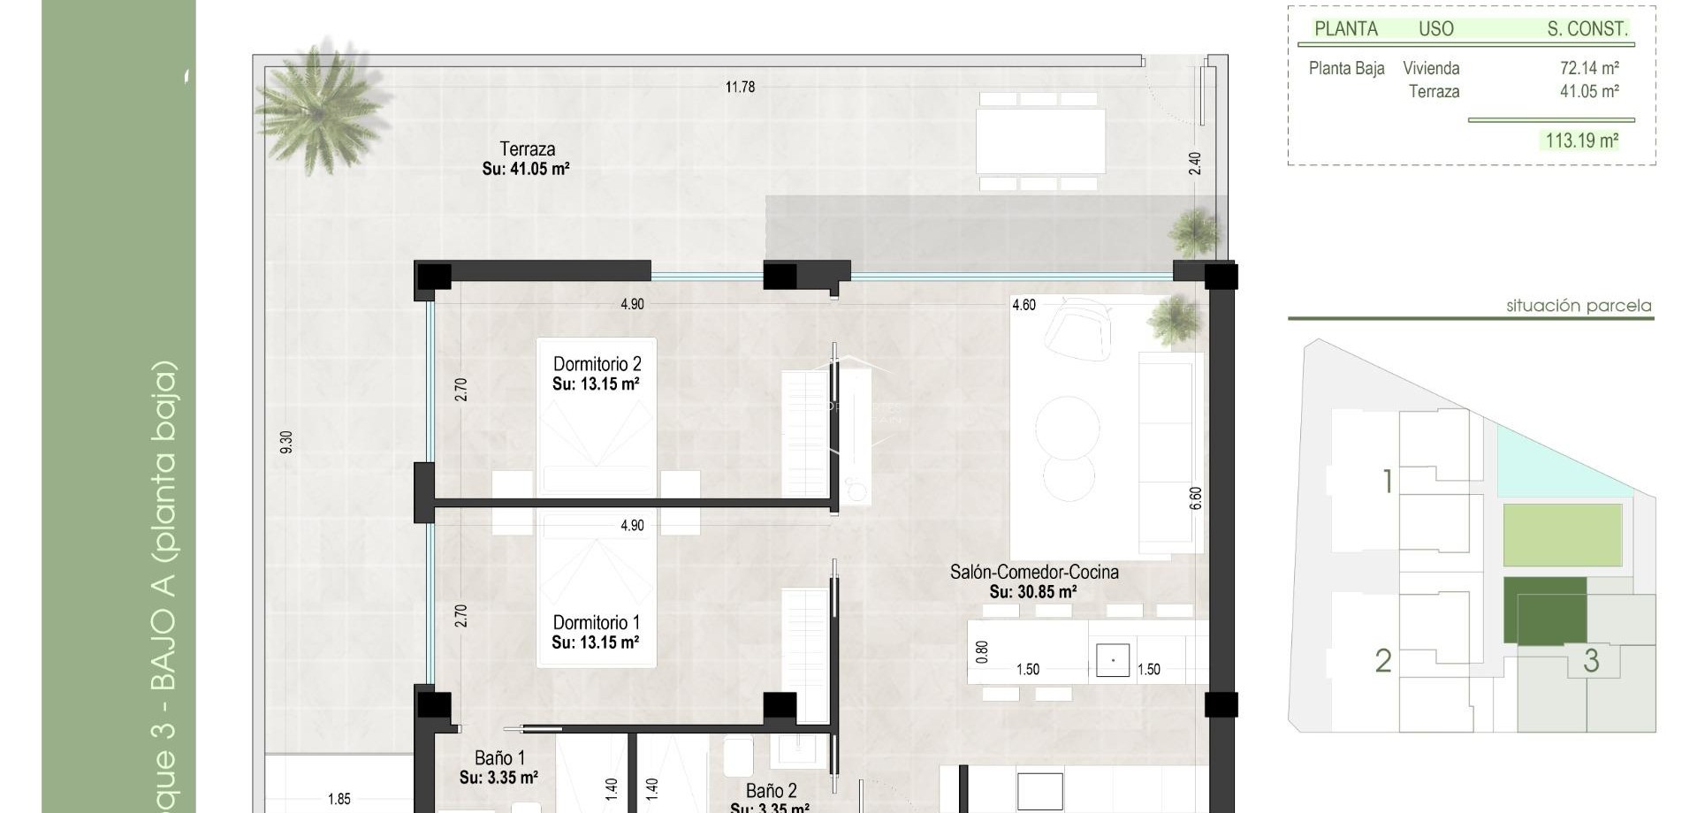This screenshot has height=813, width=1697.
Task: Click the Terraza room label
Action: tap(527, 149)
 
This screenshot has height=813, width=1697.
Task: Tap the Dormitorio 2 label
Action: tap(597, 364)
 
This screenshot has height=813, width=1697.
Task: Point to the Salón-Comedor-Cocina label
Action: tap(1034, 572)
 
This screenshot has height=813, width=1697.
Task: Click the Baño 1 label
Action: tap(499, 758)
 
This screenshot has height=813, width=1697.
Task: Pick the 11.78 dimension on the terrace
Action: tap(740, 87)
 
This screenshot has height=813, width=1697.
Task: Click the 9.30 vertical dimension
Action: tap(285, 443)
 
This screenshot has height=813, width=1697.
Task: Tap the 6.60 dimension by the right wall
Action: tap(1196, 498)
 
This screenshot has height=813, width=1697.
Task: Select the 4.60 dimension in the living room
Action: tap(1024, 305)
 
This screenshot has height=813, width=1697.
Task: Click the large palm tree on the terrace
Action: tap(320, 108)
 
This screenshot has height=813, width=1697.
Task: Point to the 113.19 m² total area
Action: tap(1581, 141)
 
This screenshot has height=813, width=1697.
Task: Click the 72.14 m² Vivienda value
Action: tap(1588, 68)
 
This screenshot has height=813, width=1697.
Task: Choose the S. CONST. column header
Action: tap(1587, 29)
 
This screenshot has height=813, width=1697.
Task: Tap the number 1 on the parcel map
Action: tap(1388, 482)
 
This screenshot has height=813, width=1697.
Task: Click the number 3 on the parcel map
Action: tap(1591, 660)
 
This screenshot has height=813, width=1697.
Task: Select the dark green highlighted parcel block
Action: tap(1544, 610)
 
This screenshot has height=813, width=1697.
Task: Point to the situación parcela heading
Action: tap(1579, 306)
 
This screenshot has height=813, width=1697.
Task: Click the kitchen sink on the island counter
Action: tap(1113, 660)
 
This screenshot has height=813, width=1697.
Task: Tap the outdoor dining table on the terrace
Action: tap(1040, 141)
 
